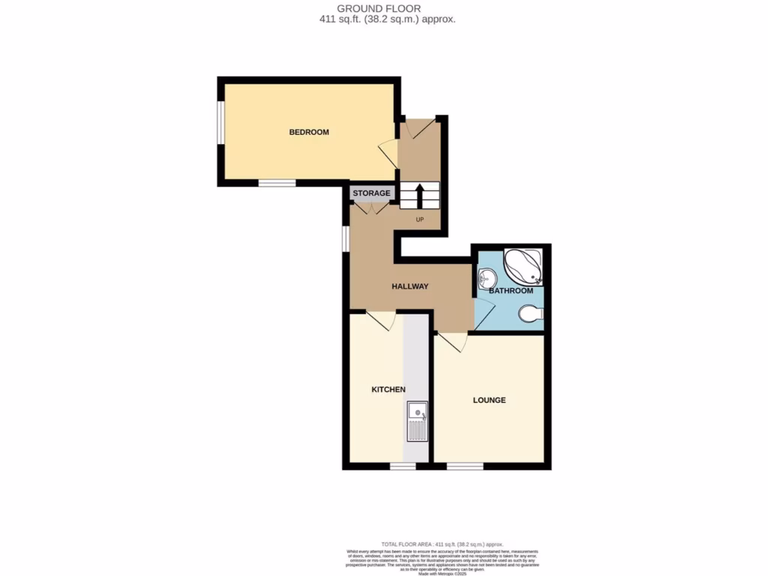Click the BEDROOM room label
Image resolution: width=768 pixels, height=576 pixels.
[309, 132]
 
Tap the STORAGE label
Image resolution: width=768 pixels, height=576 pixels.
[372, 193]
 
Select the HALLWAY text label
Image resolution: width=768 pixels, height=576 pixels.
[409, 286]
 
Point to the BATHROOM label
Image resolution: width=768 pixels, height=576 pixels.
[511, 291]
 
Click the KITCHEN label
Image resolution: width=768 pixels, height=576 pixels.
[388, 389]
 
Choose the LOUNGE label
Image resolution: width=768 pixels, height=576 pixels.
[489, 400]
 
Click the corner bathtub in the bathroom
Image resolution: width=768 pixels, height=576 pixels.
[524, 266]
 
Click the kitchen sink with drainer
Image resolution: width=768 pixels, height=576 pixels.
[417, 421]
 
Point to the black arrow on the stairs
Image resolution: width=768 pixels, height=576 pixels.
[419, 195]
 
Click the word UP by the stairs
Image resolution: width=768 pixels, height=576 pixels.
[421, 220]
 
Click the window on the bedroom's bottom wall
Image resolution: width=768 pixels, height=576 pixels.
[277, 182]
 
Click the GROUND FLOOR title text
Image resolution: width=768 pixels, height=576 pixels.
[384, 8]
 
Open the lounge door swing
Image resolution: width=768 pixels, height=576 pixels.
[452, 343]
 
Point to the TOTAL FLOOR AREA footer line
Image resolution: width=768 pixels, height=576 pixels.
[442, 543]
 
